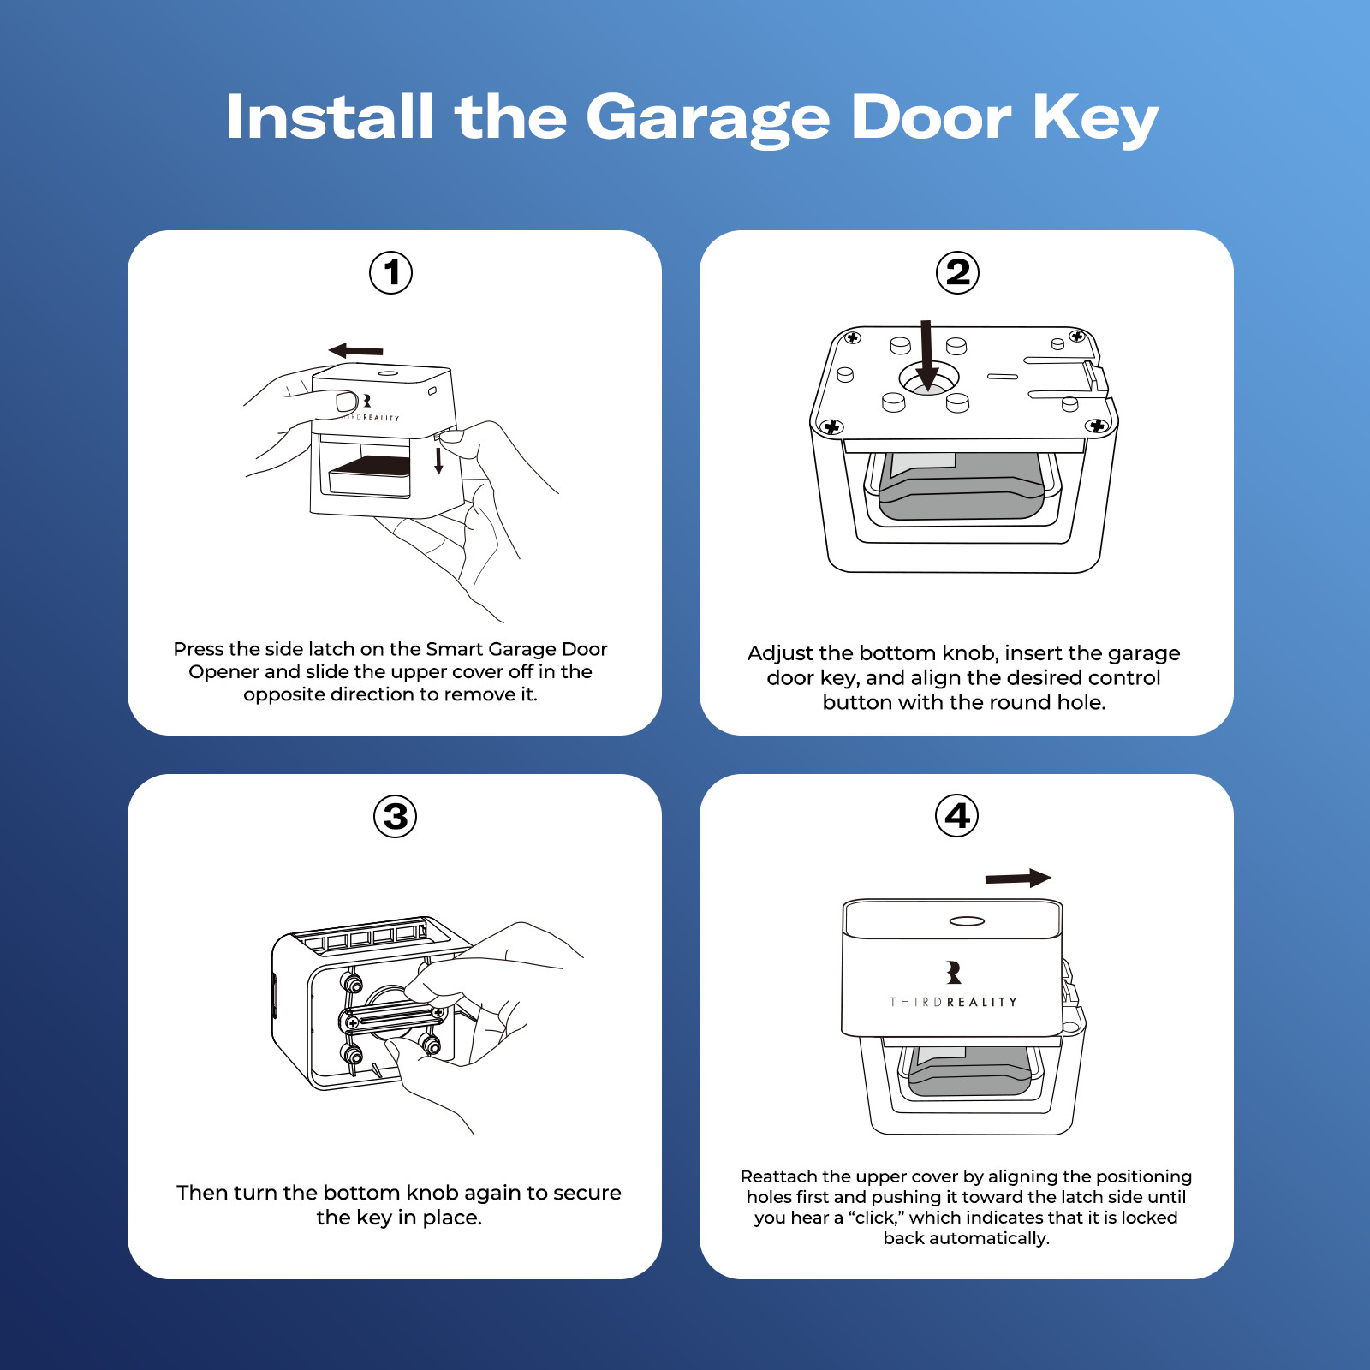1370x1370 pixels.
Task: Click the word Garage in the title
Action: tap(707, 118)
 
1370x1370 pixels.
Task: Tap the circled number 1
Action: tap(391, 273)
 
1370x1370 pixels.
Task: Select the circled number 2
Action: tap(957, 273)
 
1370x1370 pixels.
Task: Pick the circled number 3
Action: tap(396, 816)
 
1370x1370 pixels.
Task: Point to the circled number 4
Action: tap(957, 816)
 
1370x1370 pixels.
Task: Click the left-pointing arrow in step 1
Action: tap(355, 350)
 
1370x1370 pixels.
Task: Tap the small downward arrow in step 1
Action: tap(438, 461)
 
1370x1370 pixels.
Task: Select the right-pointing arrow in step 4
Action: tap(1017, 878)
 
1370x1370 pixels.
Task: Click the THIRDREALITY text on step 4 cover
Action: tap(953, 1002)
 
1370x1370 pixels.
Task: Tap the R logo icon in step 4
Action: tap(954, 972)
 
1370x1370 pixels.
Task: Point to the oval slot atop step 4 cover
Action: tap(967, 921)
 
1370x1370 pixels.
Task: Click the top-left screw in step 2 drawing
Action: tap(852, 337)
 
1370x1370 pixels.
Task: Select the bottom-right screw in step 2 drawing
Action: tap(1096, 426)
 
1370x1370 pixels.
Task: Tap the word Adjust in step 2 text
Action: tap(780, 653)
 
